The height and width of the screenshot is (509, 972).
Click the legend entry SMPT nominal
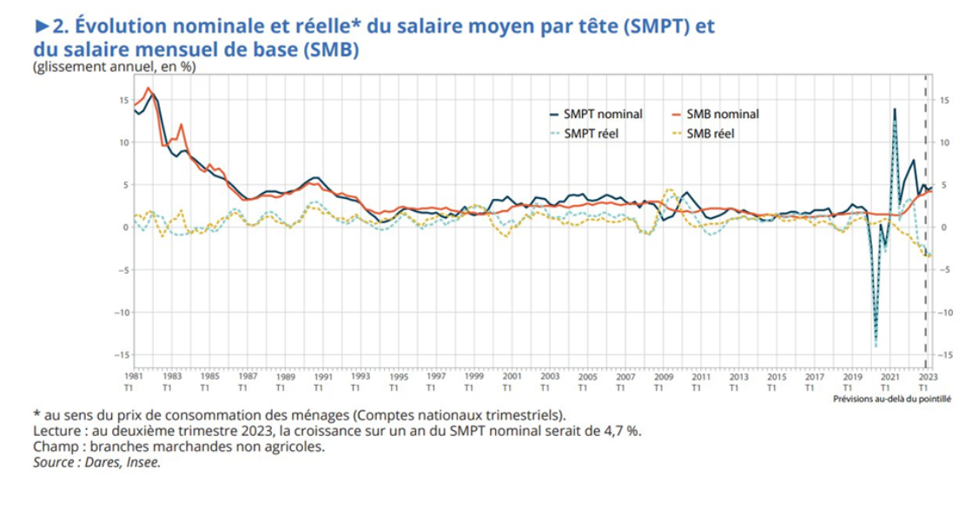[x=603, y=114]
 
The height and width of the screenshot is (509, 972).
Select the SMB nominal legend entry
[x=723, y=114]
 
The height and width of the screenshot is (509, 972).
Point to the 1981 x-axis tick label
[x=134, y=382]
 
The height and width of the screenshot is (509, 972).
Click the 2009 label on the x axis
[x=665, y=382]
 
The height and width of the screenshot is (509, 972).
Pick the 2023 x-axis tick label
[x=927, y=382]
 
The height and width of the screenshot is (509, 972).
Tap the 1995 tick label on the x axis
[x=399, y=382]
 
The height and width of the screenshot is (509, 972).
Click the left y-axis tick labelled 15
[x=124, y=100]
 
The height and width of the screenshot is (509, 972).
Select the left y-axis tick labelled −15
[x=122, y=354]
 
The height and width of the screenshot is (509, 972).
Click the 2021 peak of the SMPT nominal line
[x=894, y=109]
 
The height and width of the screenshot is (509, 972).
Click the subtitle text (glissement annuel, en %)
[x=113, y=66]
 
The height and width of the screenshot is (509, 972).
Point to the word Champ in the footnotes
[x=54, y=447]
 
